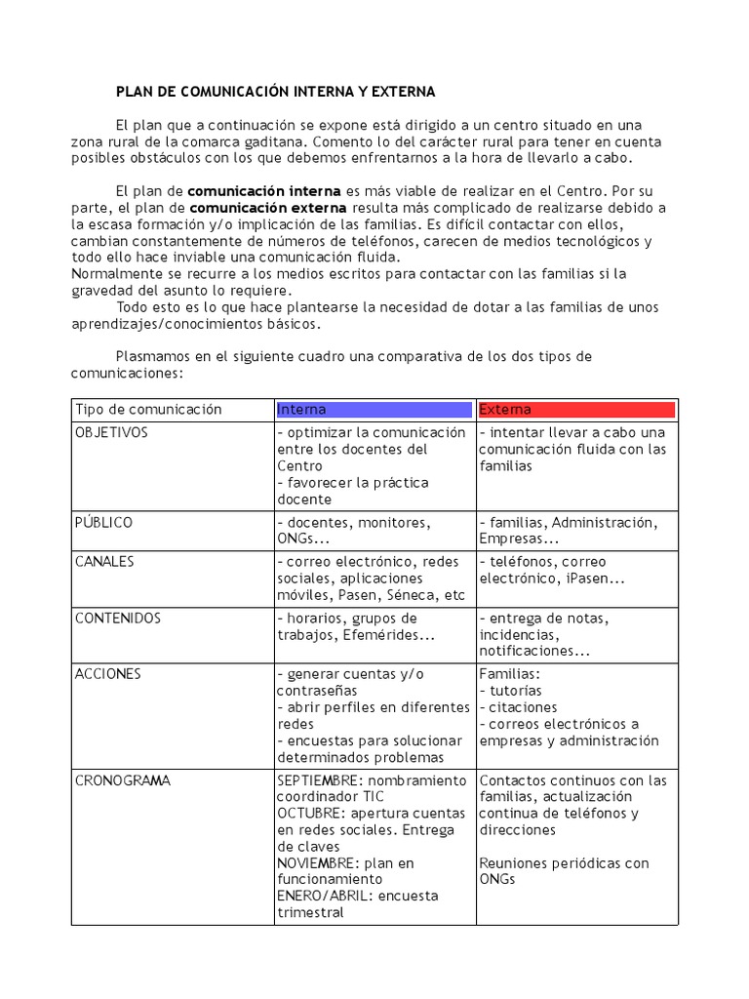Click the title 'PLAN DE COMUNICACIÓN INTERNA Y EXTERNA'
click(275, 92)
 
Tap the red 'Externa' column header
click(576, 410)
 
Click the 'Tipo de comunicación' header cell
click(148, 410)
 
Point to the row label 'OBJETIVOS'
click(111, 433)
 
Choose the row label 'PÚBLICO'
click(103, 523)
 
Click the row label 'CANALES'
click(104, 563)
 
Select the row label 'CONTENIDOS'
click(118, 619)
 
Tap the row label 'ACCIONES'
click(108, 674)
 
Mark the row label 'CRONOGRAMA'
click(122, 780)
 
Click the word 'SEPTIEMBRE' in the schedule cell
click(318, 780)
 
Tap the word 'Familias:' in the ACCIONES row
click(509, 674)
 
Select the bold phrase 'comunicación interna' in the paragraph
click(264, 191)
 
